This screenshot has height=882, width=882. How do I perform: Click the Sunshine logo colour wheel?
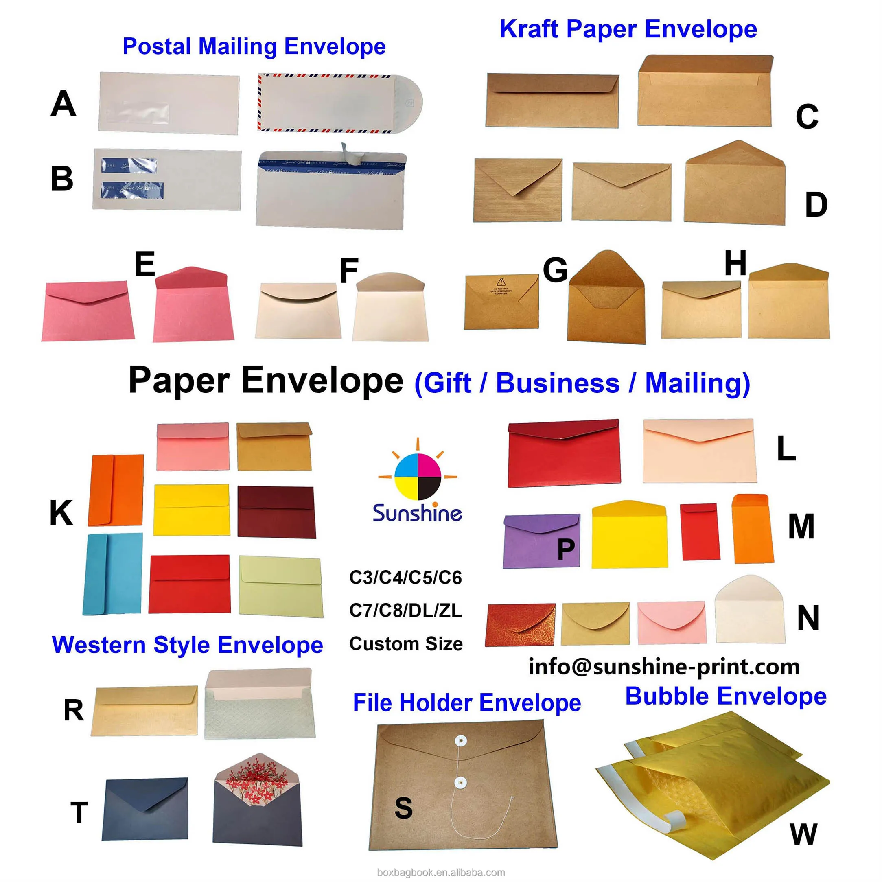tap(417, 477)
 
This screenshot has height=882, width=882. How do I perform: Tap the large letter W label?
tap(803, 834)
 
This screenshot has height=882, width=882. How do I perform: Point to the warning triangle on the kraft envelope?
tap(501, 282)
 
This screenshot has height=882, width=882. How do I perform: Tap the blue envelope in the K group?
tap(112, 574)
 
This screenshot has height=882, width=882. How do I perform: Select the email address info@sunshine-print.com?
tap(664, 667)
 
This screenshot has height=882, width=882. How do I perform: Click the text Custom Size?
tap(406, 644)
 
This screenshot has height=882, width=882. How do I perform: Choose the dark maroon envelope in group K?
tap(277, 511)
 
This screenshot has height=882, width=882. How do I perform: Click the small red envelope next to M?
tap(699, 532)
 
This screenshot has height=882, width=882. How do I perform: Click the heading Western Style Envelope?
tap(187, 645)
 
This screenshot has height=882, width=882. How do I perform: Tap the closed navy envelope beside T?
tap(145, 810)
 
